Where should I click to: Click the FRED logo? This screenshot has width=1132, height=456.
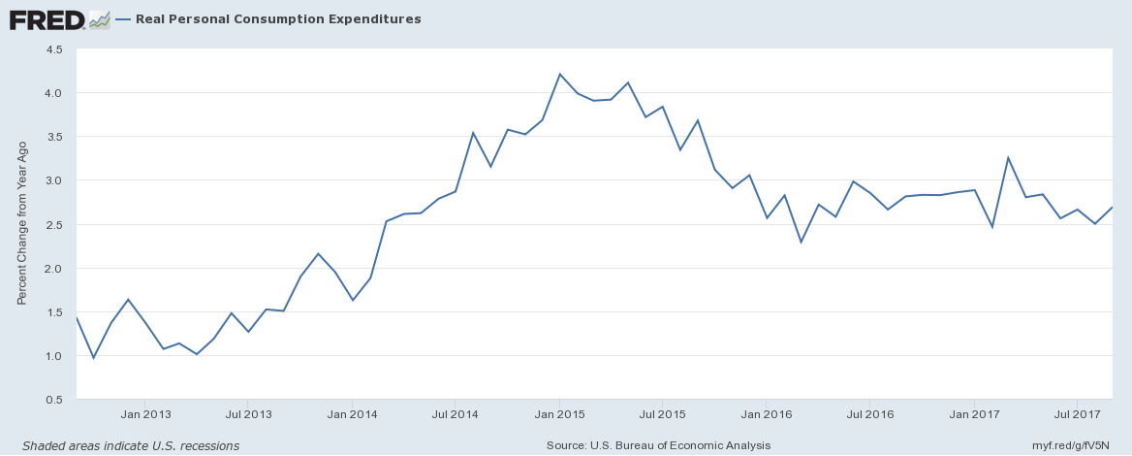point(59,19)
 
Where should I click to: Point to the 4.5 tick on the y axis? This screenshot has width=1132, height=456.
point(54,49)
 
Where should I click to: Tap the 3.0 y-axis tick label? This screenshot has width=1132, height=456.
point(54,179)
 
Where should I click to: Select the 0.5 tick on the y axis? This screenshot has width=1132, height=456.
point(54,400)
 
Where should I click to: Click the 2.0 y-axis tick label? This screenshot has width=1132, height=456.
point(54,268)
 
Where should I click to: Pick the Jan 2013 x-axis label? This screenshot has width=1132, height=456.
point(144,414)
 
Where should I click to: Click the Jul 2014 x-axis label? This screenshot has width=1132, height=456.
point(455,414)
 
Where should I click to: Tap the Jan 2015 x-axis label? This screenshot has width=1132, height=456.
point(559,414)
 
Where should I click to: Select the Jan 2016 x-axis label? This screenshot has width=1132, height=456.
point(766,414)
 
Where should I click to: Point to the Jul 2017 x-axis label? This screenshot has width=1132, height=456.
point(1077,414)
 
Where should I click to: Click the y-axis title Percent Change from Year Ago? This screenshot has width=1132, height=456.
point(22,224)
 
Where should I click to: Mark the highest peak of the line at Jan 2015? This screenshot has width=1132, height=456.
point(559,74)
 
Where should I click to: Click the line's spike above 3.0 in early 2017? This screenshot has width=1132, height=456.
point(1008,157)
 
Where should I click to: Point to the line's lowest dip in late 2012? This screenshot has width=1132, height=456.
point(93,358)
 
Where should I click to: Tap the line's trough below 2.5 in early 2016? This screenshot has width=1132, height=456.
point(801,243)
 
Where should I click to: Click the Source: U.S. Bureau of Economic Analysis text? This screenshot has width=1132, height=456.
point(658,445)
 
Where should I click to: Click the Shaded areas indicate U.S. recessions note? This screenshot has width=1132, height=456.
point(131,445)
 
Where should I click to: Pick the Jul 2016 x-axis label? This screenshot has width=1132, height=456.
point(869,414)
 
